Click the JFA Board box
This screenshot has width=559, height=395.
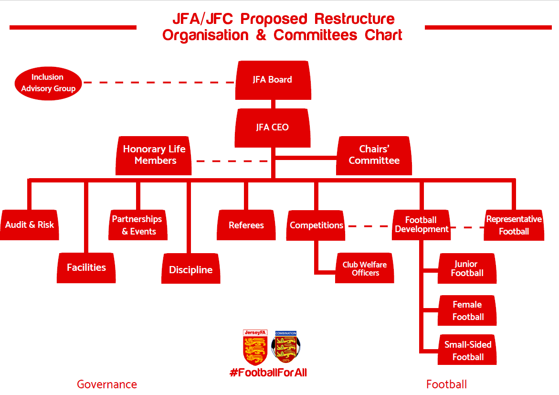coord(273,80)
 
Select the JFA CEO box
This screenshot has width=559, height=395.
coord(273,128)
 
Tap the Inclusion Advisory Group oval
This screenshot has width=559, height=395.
coord(48,83)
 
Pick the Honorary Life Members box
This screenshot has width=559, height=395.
coord(154,155)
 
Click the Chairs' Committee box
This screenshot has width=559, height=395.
coord(374,155)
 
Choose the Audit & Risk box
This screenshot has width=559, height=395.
coord(30,225)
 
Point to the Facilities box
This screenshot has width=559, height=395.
coord(86,267)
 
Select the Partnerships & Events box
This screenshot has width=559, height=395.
coord(137,225)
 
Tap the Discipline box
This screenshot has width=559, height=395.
coord(191,270)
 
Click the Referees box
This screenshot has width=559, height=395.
coord(246,225)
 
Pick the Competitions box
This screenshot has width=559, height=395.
coord(316,225)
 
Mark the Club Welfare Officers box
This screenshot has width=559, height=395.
coord(365,268)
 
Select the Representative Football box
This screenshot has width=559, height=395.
coord(514,225)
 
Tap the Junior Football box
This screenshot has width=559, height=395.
coord(467,268)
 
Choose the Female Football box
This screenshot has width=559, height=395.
coord(467,310)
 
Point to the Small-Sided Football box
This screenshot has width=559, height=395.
coord(467,351)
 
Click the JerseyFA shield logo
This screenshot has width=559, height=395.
coord(255,347)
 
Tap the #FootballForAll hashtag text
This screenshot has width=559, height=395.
coord(268,373)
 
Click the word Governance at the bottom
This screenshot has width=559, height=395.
coord(107,384)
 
